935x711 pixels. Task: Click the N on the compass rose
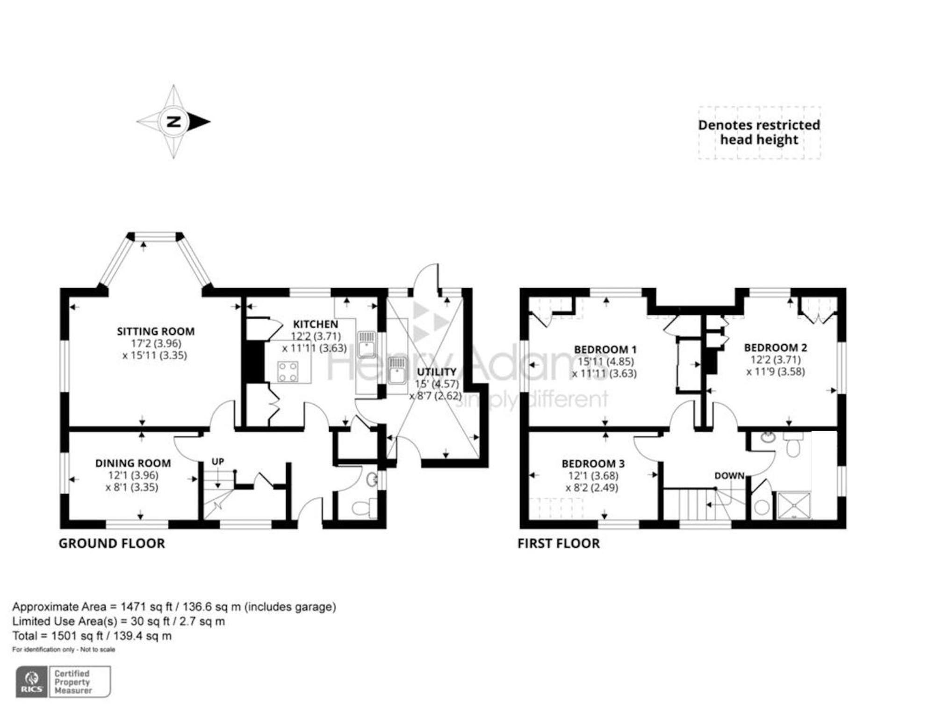174,122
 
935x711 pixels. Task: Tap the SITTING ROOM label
156,332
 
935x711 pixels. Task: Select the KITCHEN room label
316,324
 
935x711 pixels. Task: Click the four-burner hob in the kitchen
288,372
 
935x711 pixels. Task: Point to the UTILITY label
437,372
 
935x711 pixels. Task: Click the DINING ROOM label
133,464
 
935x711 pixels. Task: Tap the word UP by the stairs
218,462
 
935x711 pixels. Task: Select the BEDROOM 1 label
605,349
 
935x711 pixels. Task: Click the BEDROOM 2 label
776,348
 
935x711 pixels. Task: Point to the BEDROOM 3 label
593,464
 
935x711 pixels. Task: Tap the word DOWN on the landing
729,476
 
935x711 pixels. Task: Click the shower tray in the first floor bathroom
794,505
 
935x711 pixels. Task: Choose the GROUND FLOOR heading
112,544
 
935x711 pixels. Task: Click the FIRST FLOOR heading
559,544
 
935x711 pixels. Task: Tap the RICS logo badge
32,682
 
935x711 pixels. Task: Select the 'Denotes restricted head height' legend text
759,132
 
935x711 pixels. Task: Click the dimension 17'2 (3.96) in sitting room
156,343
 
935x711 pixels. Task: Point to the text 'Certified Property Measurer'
73,682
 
